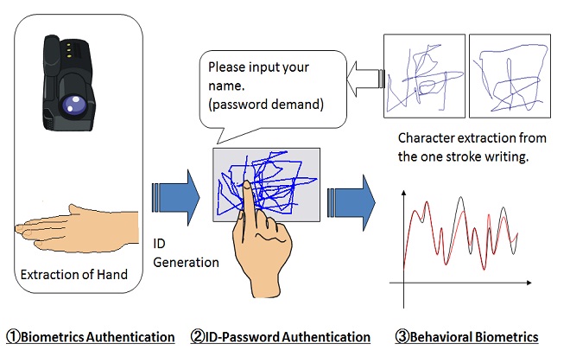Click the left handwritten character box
(x=422, y=75)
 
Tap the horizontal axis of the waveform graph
(x=466, y=281)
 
